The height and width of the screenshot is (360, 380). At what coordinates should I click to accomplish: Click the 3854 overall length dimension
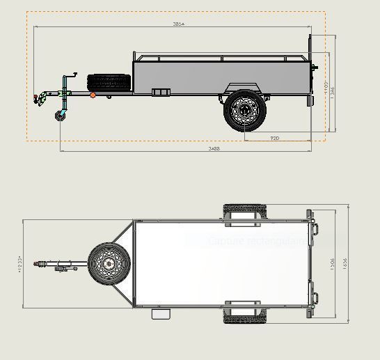point(179,24)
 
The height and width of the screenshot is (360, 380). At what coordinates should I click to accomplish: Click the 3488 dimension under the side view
point(215,148)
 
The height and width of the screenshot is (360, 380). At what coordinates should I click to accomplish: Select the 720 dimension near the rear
point(275,138)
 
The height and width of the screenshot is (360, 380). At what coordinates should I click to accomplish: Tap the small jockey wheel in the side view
point(59,116)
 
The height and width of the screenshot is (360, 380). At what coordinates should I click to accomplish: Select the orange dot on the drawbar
point(93,95)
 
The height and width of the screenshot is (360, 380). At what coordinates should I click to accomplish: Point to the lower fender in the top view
point(244,315)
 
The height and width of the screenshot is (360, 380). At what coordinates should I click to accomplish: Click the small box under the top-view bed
point(161,314)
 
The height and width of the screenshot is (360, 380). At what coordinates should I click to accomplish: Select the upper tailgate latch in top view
point(315,228)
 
